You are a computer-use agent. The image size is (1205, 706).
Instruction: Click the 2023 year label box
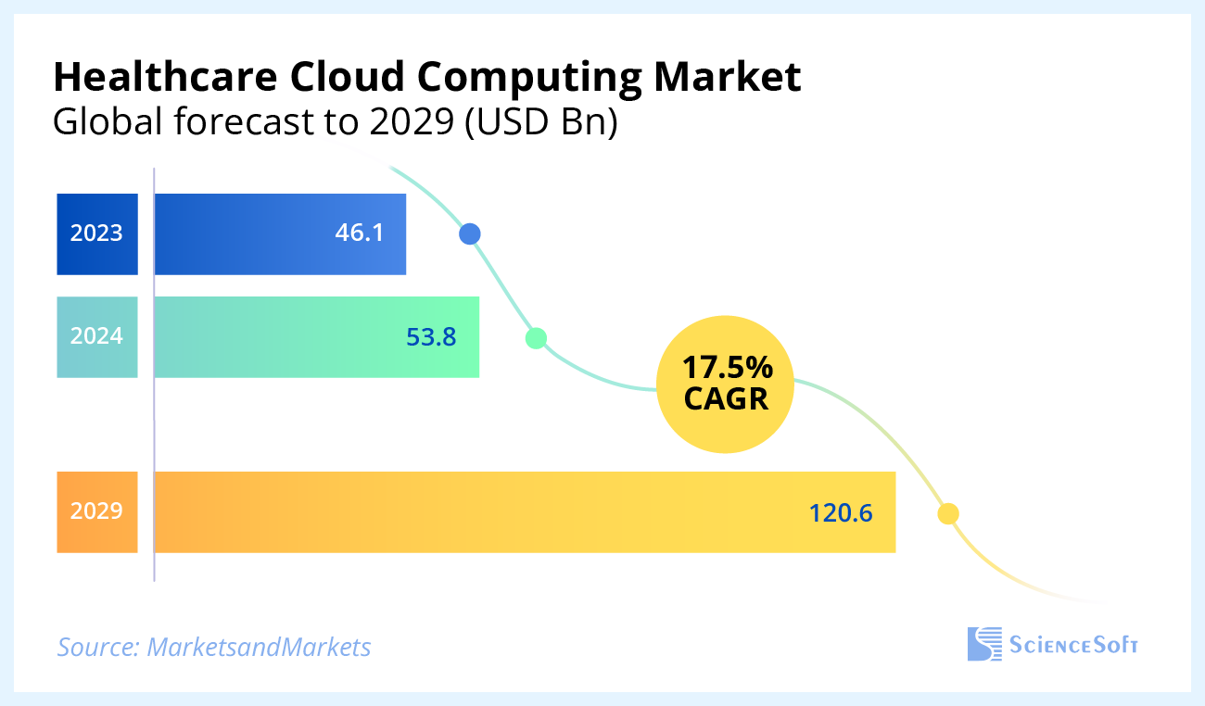[x=96, y=233]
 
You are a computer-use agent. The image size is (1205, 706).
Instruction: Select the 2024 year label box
[x=96, y=336]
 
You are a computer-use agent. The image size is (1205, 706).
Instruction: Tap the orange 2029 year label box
[x=96, y=511]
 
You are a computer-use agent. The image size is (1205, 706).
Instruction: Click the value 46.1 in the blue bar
[x=359, y=233]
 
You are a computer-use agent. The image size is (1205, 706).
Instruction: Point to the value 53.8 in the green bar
[x=431, y=337]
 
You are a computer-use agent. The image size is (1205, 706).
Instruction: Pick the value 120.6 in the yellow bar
[x=841, y=512]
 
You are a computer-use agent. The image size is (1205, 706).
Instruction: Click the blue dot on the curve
[x=470, y=233]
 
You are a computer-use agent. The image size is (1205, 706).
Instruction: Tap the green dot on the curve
[x=536, y=337]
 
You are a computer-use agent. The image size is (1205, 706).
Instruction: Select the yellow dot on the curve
[x=947, y=512]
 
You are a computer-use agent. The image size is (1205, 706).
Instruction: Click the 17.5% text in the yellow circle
[x=728, y=368]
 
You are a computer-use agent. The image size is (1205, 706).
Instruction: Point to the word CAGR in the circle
[x=728, y=399]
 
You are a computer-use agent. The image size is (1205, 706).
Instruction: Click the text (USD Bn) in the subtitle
[x=540, y=122]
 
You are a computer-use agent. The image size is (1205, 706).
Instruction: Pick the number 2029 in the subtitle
[x=408, y=122]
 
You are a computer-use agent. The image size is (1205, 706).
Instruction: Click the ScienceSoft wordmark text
[x=1073, y=645]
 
